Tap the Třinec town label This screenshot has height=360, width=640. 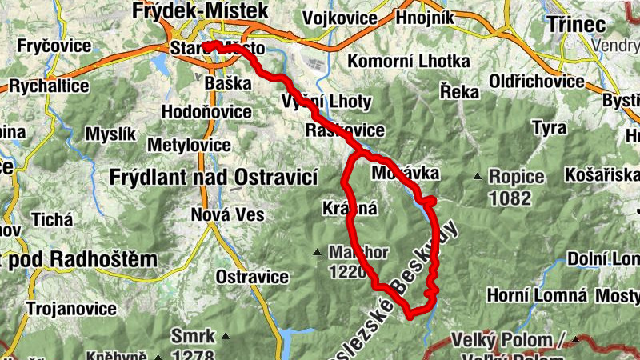pyautogui.click(x=577, y=24)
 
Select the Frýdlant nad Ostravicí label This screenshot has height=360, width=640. pyautogui.click(x=214, y=176)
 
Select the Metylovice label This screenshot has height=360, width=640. pyautogui.click(x=190, y=145)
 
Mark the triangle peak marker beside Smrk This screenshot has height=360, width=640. pyautogui.click(x=226, y=336)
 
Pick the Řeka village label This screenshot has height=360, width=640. pyautogui.click(x=459, y=92)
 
